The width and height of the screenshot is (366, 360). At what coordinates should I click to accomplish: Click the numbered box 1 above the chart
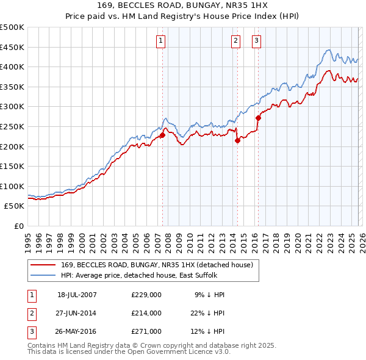pyautogui.click(x=160, y=41)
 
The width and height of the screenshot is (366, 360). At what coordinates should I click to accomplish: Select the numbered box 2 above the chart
pyautogui.click(x=235, y=41)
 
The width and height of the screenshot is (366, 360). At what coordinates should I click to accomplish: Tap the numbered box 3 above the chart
pyautogui.click(x=256, y=41)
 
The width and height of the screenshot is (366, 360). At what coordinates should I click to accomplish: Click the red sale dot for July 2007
pyautogui.click(x=163, y=135)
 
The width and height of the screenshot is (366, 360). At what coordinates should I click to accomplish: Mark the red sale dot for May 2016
pyautogui.click(x=258, y=118)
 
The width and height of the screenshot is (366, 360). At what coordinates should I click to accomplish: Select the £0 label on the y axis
pyautogui.click(x=18, y=226)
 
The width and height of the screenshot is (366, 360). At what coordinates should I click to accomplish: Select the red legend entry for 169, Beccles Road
pyautogui.click(x=160, y=264)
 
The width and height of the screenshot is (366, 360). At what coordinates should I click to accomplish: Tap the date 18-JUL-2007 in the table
pyautogui.click(x=77, y=295)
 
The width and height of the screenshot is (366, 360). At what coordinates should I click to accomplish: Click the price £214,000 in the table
pyautogui.click(x=146, y=313)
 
